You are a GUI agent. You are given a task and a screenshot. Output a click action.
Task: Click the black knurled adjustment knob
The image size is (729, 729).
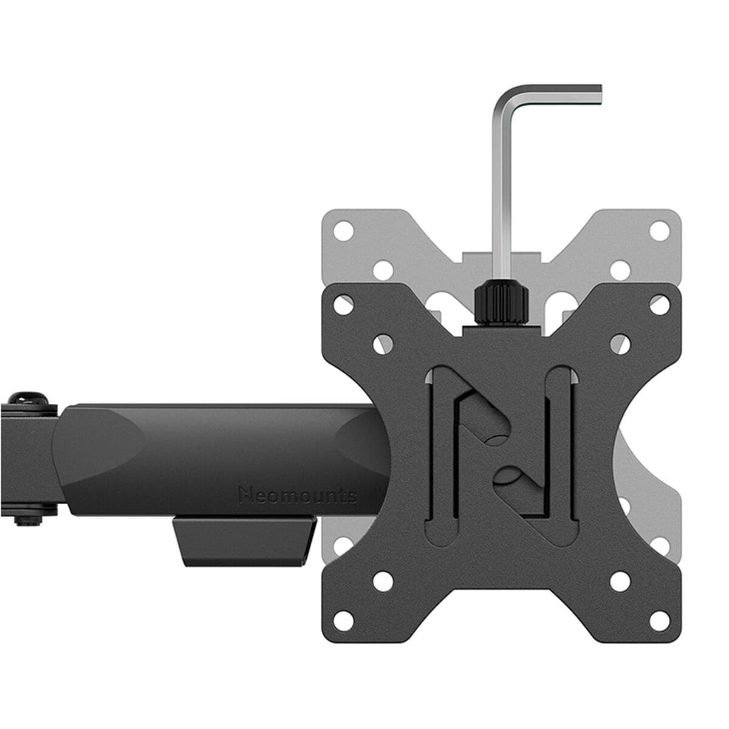point(500,302)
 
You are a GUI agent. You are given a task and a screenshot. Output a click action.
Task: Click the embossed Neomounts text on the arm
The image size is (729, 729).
point(297,495)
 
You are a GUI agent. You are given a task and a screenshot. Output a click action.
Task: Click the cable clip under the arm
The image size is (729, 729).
point(244,540)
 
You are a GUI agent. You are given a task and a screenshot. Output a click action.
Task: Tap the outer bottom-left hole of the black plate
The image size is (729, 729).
point(343,620)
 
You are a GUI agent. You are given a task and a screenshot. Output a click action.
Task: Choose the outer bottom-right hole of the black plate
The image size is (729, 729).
point(659,620)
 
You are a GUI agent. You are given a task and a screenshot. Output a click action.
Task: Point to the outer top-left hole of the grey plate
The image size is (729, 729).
point(343,231)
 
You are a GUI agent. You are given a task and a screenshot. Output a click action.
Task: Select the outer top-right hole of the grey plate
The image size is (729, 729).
point(659,231)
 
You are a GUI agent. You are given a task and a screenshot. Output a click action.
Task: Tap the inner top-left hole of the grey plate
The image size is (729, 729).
point(383,270)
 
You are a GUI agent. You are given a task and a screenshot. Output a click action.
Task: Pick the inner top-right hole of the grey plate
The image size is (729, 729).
point(620,270)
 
